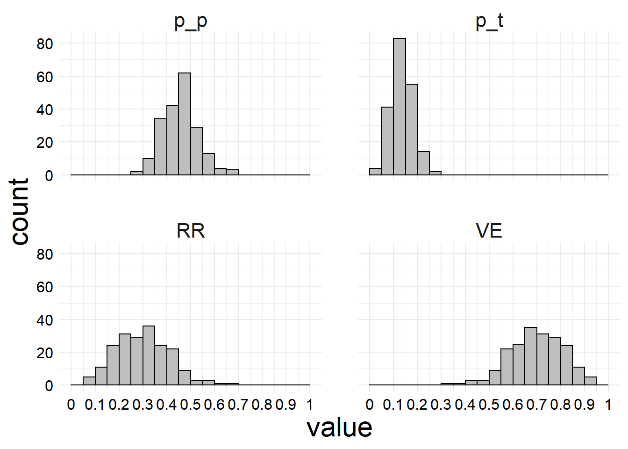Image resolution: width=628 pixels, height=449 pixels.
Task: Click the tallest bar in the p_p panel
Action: (185, 124)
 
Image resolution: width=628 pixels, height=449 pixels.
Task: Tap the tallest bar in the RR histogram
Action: (149, 355)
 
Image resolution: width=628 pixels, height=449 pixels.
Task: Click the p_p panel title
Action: (191, 21)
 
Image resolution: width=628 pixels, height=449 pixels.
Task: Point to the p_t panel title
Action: (489, 21)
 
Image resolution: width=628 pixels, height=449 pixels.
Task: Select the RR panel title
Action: (191, 231)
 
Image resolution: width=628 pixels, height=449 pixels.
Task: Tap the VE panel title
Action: (489, 231)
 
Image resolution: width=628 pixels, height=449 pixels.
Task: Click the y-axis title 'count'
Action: (20, 211)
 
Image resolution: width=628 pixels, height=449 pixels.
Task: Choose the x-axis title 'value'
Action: (339, 427)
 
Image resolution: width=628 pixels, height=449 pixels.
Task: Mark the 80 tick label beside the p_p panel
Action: (45, 43)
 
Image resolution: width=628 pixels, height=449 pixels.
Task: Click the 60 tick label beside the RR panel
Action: (45, 287)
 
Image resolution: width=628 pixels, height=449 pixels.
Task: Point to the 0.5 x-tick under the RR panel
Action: (191, 404)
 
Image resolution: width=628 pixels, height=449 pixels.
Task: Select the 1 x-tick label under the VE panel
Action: (608, 404)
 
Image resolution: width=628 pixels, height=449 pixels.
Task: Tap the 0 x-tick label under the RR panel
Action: (71, 404)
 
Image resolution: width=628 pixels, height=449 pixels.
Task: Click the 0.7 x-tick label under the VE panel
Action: (536, 404)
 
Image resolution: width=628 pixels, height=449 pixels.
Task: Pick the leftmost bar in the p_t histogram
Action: (375, 172)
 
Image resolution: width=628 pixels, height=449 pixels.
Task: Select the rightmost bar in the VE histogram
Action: (590, 381)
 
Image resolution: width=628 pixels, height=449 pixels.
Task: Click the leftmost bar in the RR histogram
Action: (89, 381)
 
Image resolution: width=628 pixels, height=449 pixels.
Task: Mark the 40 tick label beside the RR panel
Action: (45, 320)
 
